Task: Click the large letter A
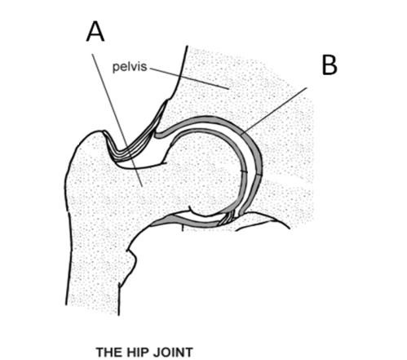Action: tap(95, 32)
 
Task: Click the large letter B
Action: tap(330, 64)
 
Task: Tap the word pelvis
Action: tap(130, 67)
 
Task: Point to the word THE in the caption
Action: tap(108, 353)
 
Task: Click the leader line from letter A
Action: tap(117, 120)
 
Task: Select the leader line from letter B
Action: tap(274, 111)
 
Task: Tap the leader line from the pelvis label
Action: tap(189, 78)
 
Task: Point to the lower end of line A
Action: tap(142, 186)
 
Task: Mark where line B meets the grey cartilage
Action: tap(241, 134)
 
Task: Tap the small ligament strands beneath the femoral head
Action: tap(227, 218)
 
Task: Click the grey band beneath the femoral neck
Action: tap(185, 221)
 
